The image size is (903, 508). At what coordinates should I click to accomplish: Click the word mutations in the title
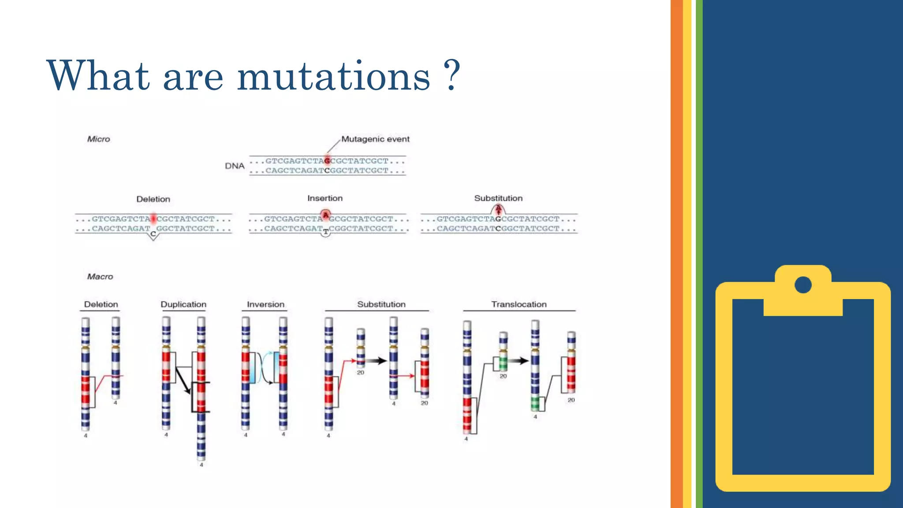tap(333, 76)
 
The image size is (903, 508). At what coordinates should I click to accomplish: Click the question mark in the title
tap(452, 75)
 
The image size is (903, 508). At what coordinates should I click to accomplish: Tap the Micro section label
tap(98, 139)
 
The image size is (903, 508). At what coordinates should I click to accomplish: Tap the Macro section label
tap(100, 276)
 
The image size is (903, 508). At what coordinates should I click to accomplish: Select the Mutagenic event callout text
tap(375, 139)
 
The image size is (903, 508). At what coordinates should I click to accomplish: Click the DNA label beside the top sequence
tap(235, 166)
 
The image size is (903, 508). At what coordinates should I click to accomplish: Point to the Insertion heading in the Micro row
tap(325, 198)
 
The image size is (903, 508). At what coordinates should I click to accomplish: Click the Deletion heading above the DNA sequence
tap(153, 199)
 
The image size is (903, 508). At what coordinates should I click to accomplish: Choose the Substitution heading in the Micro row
tap(498, 198)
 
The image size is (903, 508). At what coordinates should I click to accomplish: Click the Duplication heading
tap(183, 304)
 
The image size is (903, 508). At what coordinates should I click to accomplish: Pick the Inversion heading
tap(265, 304)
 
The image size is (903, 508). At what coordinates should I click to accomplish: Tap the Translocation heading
tap(519, 304)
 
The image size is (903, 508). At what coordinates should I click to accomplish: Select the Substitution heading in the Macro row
tap(381, 304)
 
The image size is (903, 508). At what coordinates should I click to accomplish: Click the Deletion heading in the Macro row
tap(101, 304)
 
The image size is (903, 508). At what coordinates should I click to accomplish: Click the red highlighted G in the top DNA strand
tap(327, 161)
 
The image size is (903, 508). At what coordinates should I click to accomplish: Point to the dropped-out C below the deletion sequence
tap(153, 234)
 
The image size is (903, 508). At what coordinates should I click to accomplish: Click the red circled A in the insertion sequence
tap(325, 215)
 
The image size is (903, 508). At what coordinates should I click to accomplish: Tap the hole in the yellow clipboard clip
tap(803, 284)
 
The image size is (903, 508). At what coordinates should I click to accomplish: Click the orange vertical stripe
tap(676, 254)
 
